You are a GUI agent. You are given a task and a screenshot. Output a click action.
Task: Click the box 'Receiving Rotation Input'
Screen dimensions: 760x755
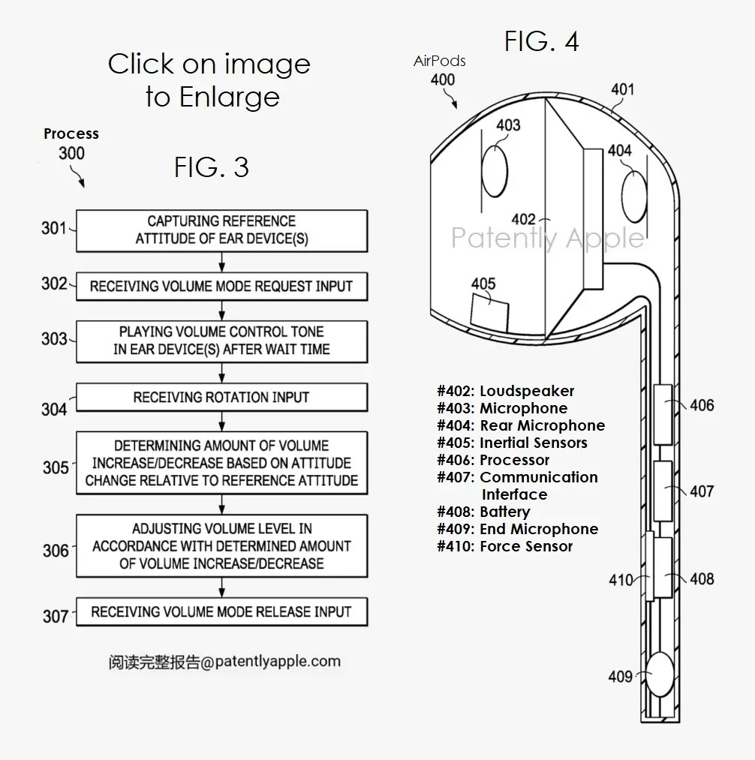221,397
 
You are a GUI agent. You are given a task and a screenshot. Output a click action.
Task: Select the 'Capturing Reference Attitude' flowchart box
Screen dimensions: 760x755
221,230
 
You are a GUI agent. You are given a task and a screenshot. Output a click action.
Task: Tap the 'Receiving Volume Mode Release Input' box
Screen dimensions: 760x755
221,611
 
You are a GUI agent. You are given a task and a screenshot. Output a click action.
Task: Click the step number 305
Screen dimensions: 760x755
56,467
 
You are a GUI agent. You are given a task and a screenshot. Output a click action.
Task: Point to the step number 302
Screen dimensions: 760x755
55,284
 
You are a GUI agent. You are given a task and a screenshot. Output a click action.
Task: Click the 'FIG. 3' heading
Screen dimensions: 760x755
211,167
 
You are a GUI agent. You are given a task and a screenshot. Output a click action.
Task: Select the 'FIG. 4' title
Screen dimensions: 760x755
541,42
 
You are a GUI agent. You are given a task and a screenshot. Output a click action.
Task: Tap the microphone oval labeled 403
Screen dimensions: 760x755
495,170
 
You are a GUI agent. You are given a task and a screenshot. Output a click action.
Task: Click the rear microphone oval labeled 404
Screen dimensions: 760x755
634,197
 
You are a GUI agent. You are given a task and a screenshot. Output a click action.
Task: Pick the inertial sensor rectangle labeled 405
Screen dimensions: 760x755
489,309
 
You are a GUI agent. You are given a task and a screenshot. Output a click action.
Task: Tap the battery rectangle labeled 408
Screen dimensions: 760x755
661,569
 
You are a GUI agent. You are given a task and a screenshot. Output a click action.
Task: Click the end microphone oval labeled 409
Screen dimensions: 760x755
660,674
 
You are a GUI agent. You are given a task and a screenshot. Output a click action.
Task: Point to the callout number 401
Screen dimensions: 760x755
622,90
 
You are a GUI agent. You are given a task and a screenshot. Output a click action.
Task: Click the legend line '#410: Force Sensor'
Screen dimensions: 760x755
505,546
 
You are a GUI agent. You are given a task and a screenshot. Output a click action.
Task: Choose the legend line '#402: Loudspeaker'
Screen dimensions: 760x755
506,391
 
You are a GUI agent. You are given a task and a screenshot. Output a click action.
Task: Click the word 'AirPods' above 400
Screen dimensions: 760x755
439,62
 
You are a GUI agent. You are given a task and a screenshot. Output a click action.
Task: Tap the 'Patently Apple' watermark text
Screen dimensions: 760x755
547,238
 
